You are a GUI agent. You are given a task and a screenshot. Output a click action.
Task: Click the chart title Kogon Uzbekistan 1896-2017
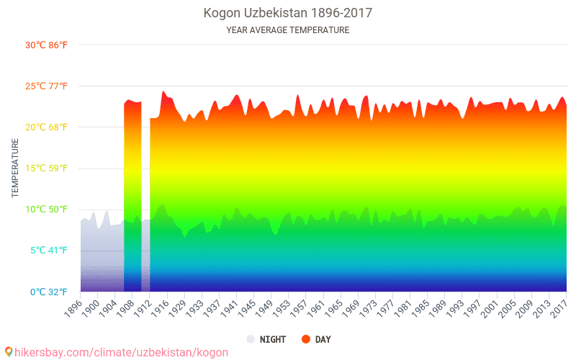point(288,13)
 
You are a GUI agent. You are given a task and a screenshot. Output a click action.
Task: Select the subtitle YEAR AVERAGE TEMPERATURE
point(288,30)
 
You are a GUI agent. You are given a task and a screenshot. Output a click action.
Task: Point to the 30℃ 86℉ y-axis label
point(47,45)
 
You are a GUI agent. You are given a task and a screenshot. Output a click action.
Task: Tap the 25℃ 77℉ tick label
point(47,86)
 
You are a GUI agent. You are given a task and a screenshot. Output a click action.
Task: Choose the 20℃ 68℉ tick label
point(47,127)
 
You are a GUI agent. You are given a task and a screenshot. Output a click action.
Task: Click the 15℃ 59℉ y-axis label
point(47,168)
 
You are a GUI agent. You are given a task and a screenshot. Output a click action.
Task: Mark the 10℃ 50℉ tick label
point(47,210)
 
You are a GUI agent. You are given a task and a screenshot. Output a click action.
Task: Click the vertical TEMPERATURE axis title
point(15,168)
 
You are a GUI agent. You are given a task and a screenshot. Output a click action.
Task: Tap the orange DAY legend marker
point(305,339)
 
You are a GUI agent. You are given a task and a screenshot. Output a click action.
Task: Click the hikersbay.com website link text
point(121,352)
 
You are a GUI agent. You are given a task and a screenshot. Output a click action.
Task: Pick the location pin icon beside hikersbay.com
point(9,352)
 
